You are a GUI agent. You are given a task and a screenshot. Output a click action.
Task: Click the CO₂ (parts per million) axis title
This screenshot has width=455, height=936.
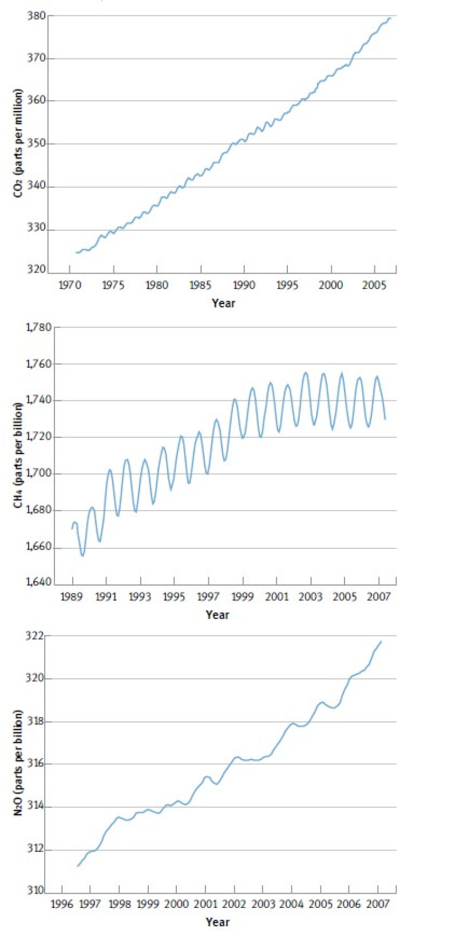tap(19, 143)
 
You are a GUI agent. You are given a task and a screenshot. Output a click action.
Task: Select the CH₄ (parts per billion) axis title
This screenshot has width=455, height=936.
tap(19, 455)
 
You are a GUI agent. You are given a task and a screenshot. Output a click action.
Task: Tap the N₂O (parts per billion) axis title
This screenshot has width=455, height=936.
tap(19, 763)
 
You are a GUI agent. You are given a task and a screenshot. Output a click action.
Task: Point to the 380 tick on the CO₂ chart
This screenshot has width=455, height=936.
tap(36, 16)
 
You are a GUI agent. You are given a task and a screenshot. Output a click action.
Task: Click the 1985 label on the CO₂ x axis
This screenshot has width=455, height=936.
tap(201, 285)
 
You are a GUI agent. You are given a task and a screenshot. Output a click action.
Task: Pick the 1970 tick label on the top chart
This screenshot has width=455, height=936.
tap(70, 285)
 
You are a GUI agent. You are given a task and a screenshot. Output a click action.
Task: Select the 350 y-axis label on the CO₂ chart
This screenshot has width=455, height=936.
tap(36, 144)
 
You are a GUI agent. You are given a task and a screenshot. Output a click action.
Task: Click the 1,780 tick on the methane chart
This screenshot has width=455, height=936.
tap(39, 327)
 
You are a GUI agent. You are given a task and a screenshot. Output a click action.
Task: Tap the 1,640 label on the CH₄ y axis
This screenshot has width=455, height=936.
tap(39, 583)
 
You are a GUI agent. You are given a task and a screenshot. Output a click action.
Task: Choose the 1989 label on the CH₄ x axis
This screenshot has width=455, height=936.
tap(72, 597)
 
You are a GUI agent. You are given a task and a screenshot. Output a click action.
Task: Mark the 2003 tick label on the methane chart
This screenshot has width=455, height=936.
tap(311, 597)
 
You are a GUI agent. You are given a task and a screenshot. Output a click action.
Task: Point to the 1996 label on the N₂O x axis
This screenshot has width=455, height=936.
tap(62, 904)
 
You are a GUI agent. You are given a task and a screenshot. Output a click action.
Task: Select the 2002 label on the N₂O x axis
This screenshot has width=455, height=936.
tap(234, 904)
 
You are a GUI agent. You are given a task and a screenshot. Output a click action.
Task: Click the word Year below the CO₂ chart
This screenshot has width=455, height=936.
tap(223, 303)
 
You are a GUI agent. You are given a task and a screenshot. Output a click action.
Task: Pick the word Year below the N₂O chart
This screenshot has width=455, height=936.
tap(217, 922)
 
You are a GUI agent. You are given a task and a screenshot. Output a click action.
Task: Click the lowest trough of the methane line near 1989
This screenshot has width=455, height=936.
tap(82, 555)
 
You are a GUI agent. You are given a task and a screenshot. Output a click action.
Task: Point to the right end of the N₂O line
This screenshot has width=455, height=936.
tap(381, 641)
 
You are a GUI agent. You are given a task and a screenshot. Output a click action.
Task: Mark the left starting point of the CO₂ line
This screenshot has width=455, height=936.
tap(76, 252)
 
